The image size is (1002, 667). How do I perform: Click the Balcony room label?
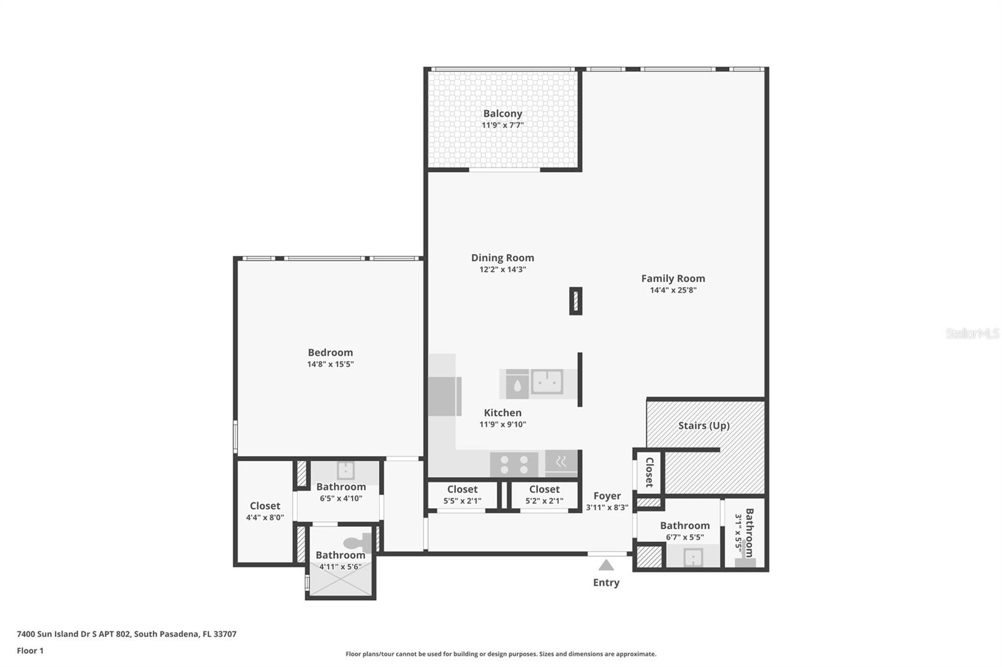502,114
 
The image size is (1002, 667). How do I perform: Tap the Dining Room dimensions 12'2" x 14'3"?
502,270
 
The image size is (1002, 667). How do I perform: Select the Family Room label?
673,278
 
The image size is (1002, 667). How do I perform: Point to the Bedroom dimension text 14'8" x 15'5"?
330,364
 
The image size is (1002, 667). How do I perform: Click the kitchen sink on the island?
547,382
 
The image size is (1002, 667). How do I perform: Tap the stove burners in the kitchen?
514,464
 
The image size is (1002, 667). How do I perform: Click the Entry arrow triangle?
606,565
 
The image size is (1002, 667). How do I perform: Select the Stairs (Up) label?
703,425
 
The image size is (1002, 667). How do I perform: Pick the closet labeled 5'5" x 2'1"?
462,494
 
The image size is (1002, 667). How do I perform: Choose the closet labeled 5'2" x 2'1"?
544,494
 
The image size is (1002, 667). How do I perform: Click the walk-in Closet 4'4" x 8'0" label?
265,511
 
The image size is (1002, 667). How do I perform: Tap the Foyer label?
607,496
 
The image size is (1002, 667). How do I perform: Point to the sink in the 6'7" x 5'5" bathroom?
693,556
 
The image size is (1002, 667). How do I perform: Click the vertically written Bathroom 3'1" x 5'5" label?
744,532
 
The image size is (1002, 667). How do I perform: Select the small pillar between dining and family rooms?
576,301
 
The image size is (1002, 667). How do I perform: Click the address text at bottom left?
127,634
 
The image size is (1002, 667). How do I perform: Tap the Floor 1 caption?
30,651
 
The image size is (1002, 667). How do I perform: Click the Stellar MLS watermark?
972,333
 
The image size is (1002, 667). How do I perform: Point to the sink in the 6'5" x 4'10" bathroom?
345,470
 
